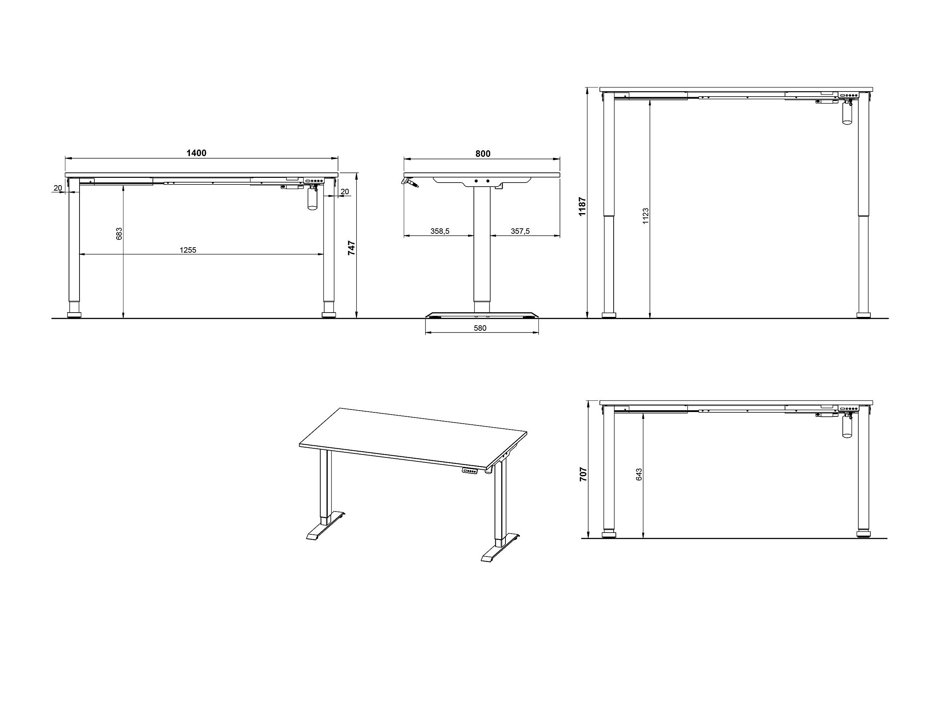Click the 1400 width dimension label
196,153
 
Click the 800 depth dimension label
483,154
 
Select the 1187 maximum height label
582,206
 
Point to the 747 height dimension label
351,248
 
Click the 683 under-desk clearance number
119,234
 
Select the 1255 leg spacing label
188,250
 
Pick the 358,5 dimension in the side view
440,231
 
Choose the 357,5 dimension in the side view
520,231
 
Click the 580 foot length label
480,328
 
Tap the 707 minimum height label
583,474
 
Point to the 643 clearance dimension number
639,474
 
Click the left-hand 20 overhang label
58,188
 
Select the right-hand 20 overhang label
345,191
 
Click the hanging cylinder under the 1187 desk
847,113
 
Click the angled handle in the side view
410,182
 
